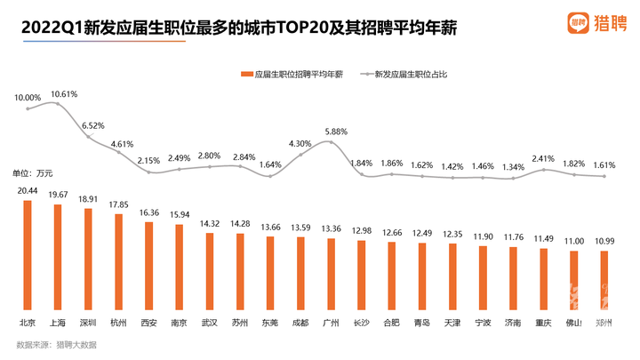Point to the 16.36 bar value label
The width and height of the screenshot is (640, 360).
(148, 212)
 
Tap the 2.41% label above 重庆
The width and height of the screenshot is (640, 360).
(544, 159)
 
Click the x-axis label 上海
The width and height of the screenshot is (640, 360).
(57, 323)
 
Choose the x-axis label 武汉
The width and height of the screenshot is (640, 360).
(209, 323)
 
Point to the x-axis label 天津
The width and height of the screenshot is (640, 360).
(453, 323)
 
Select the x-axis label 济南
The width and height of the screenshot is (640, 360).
(514, 323)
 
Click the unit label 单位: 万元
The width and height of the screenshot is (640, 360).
(34, 172)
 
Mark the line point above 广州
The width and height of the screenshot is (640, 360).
(331, 141)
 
